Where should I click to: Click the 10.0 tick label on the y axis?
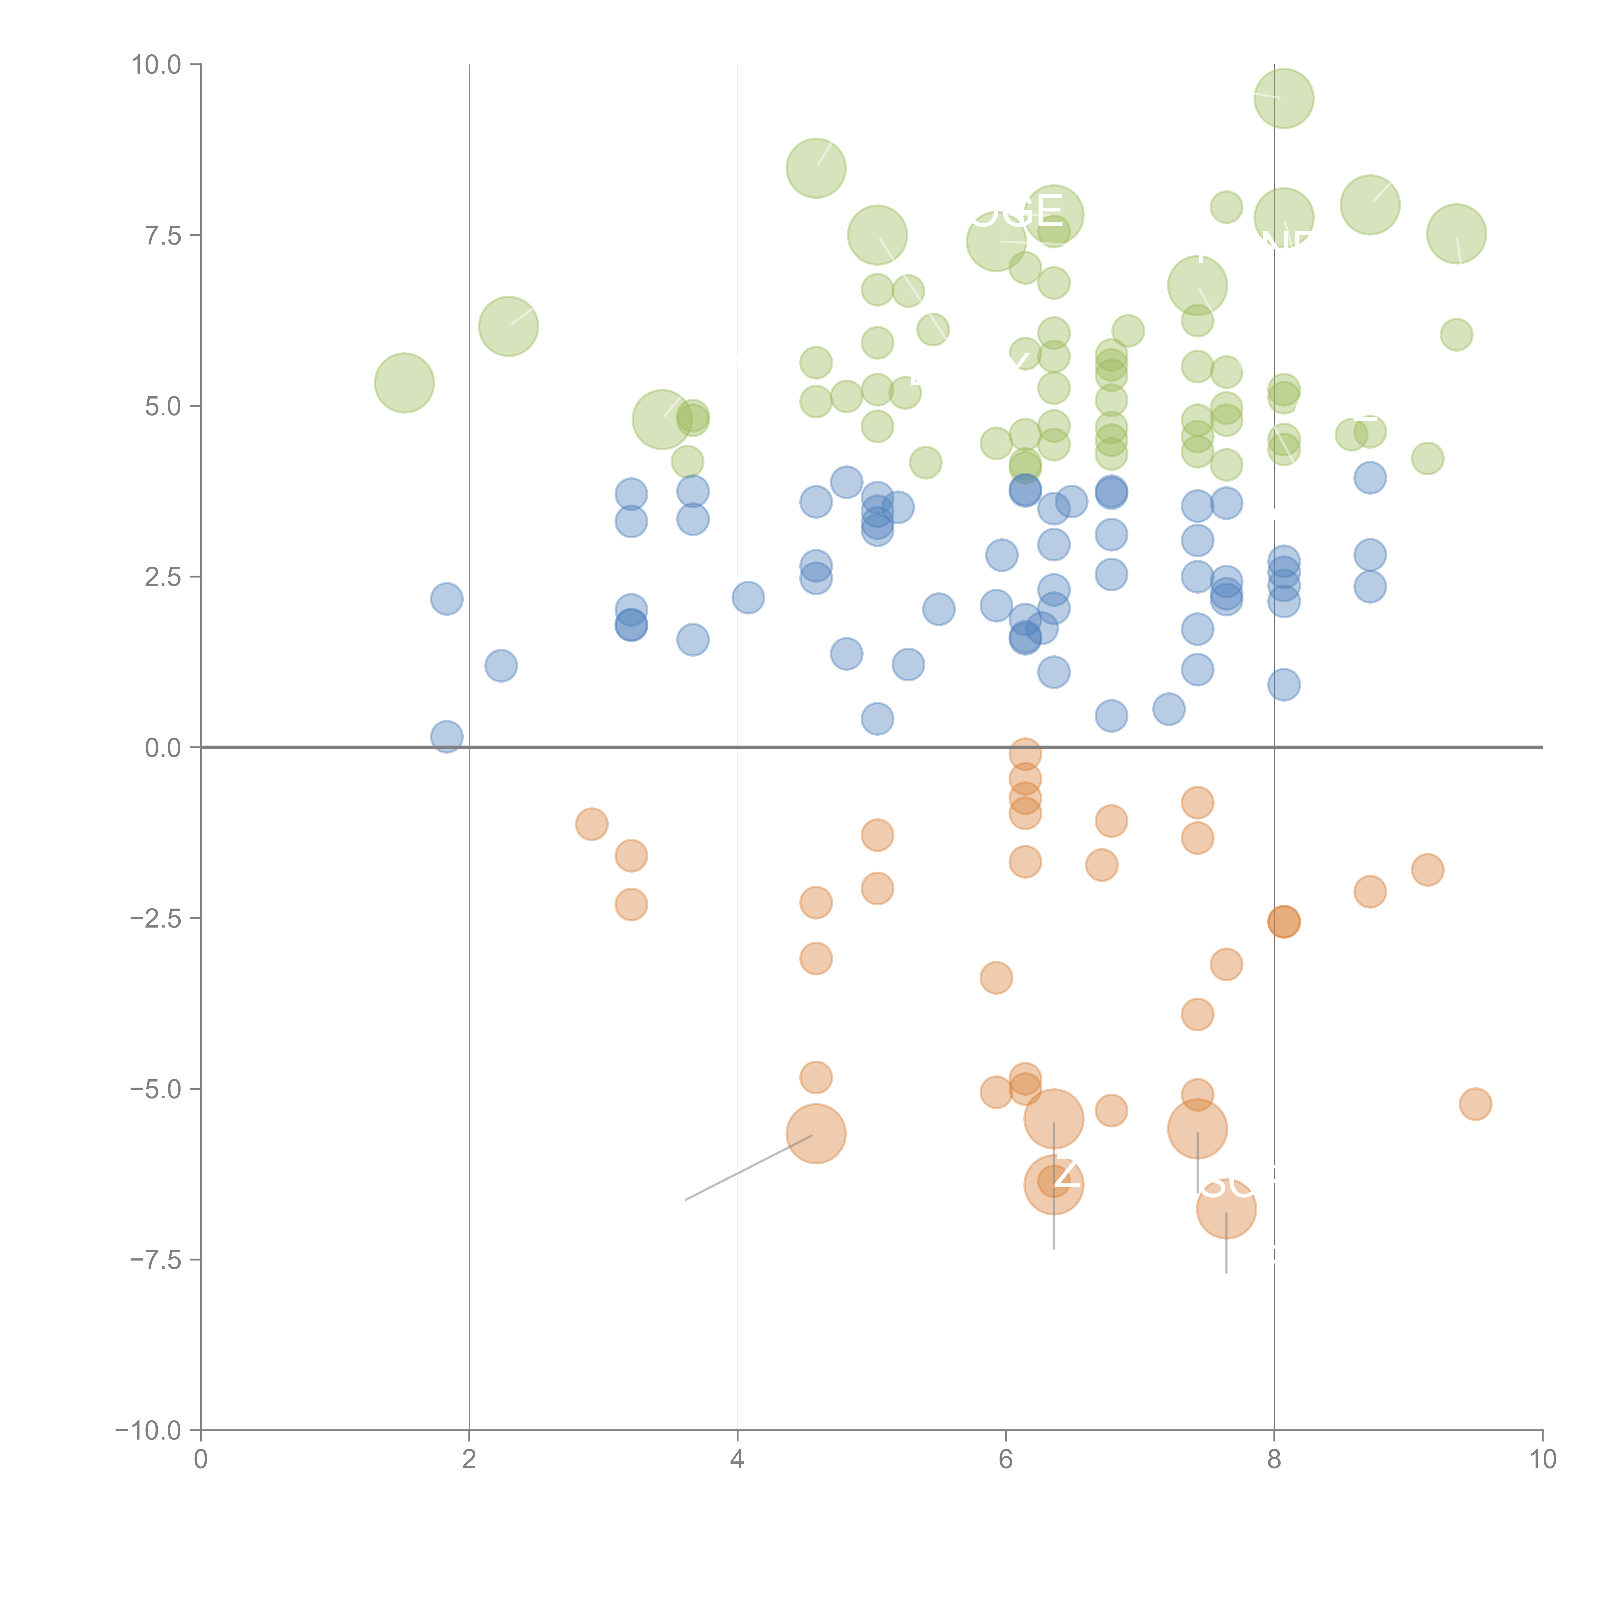pos(157,65)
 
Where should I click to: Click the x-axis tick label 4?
pos(737,1460)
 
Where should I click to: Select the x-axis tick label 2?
pos(469,1460)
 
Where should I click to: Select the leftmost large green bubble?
pos(404,382)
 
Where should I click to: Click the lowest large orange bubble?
pos(1226,1208)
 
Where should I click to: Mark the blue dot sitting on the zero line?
pos(447,736)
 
